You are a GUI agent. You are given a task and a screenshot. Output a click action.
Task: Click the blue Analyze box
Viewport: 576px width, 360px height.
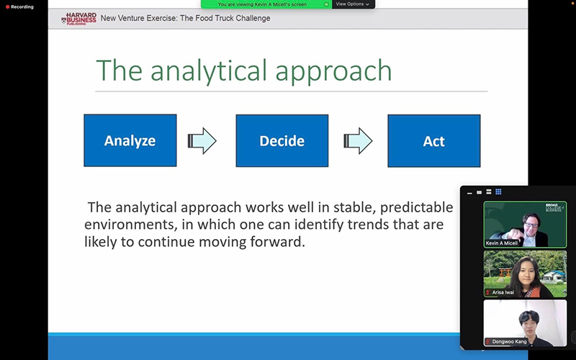tap(130, 140)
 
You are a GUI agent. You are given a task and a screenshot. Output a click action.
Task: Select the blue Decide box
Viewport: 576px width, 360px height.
tap(282, 140)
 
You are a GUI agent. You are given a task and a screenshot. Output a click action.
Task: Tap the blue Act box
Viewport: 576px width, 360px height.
tap(434, 141)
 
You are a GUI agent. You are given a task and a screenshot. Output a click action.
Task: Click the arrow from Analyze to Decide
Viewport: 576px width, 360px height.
tap(202, 140)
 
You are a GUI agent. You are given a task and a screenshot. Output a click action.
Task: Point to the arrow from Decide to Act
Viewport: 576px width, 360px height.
tap(358, 140)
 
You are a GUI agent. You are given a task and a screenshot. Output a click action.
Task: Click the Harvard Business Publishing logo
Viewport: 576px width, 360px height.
tap(79, 19)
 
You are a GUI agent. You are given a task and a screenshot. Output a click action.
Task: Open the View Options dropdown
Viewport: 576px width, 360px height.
tap(353, 4)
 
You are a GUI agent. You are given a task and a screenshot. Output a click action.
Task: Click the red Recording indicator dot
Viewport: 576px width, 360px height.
tap(8, 7)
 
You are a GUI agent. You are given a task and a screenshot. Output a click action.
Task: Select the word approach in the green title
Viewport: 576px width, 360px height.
tap(333, 71)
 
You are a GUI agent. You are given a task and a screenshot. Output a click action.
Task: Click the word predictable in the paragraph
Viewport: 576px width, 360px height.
tap(417, 207)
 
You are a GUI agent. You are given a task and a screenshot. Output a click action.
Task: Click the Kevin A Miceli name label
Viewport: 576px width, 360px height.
tap(502, 243)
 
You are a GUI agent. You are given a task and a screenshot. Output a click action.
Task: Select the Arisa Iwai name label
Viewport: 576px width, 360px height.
tap(503, 292)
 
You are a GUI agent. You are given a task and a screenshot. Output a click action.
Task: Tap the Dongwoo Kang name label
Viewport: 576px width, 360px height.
tap(510, 341)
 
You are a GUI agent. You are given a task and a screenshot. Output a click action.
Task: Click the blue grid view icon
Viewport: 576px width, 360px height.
tap(498, 192)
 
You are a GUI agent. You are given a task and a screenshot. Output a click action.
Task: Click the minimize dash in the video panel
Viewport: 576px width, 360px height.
tap(469, 193)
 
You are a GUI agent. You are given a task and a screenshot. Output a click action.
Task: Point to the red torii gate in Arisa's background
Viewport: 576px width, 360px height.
tap(505, 273)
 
